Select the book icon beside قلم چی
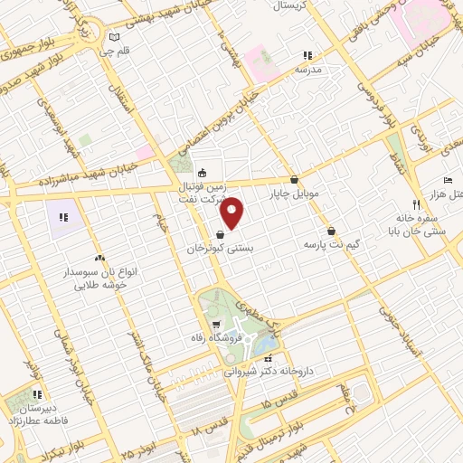tap(113, 37)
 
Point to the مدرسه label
tap(307, 70)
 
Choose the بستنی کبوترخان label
tap(221, 248)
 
